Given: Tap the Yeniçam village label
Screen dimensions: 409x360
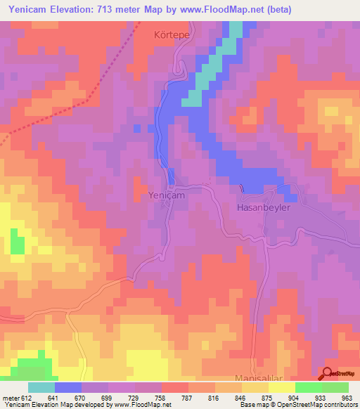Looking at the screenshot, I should click(167, 195).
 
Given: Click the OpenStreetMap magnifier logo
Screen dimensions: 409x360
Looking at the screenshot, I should click(327, 373).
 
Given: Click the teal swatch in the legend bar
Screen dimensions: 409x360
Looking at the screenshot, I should click(41, 387).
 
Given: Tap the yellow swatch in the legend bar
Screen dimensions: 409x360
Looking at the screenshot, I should click(281, 387).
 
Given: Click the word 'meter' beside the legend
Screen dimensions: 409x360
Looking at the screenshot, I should click(11, 397).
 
